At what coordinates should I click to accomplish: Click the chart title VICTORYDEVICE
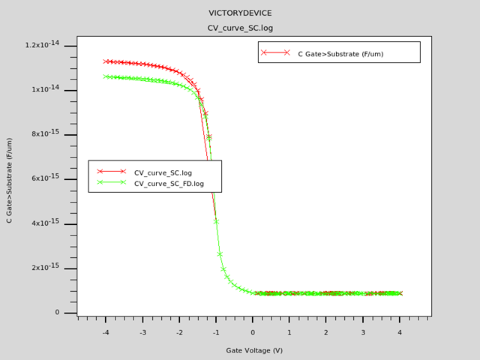(240, 13)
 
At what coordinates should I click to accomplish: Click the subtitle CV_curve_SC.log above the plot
(240, 28)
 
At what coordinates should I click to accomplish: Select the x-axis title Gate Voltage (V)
(254, 350)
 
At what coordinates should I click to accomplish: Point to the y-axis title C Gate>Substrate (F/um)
(10, 180)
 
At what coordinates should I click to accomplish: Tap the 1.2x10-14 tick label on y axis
(42, 46)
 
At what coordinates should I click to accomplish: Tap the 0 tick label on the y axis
(57, 312)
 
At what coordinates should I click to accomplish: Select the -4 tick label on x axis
(105, 332)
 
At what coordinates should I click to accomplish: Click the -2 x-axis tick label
(179, 332)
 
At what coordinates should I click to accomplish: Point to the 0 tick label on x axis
(253, 332)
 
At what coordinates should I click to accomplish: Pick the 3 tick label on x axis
(363, 332)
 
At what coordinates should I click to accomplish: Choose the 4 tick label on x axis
(400, 332)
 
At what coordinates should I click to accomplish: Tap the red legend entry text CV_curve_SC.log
(163, 172)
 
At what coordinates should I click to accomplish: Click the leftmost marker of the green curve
(106, 76)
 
